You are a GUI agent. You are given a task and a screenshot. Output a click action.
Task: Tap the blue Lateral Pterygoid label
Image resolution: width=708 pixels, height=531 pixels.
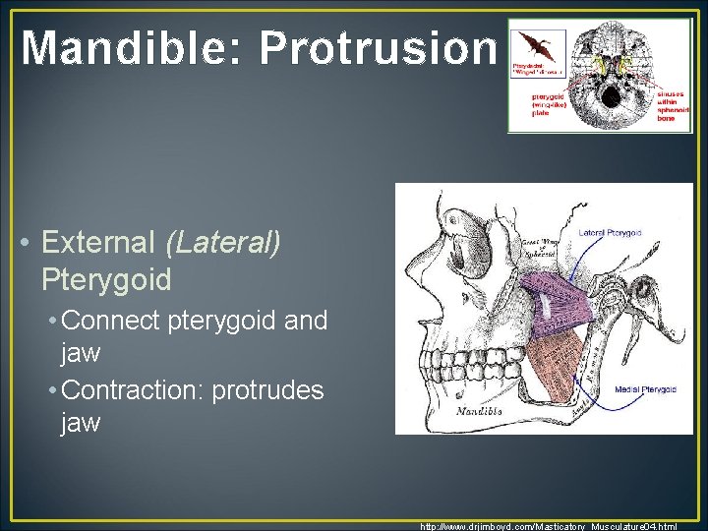click(x=610, y=233)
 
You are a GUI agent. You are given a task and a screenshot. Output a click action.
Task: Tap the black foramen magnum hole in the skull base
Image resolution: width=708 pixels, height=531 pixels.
click(x=610, y=95)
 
